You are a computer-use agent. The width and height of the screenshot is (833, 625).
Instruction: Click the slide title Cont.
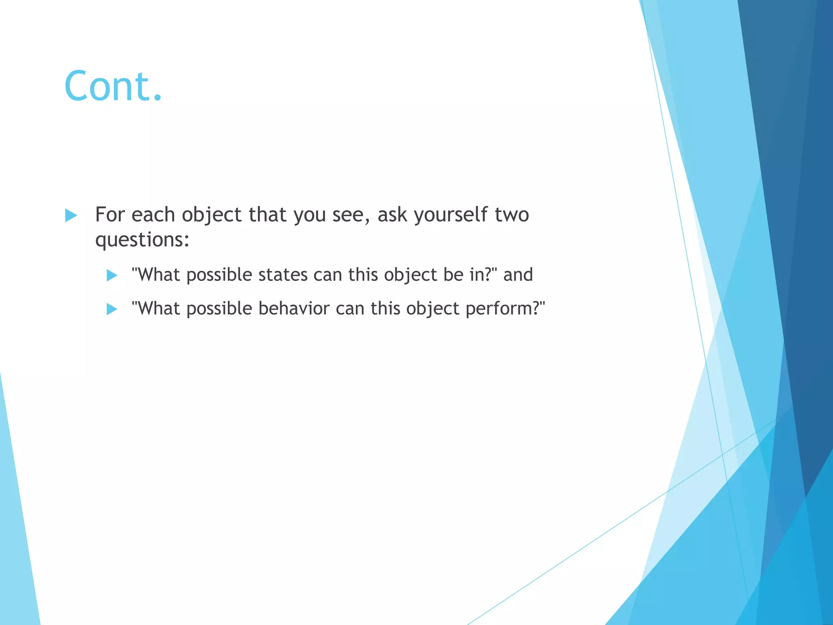(113, 86)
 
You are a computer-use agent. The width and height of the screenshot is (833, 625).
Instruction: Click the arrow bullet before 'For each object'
(71, 215)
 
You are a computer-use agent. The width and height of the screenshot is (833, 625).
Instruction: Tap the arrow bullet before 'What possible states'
(112, 275)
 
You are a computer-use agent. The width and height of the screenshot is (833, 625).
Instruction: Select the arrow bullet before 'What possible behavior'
(112, 309)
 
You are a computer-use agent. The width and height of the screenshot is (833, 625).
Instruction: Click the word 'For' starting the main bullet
(109, 214)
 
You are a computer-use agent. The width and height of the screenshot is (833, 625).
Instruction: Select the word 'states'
(283, 275)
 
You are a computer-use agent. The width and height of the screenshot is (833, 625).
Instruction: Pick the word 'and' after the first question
(518, 275)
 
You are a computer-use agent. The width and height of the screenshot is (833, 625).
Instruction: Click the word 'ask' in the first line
(392, 214)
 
